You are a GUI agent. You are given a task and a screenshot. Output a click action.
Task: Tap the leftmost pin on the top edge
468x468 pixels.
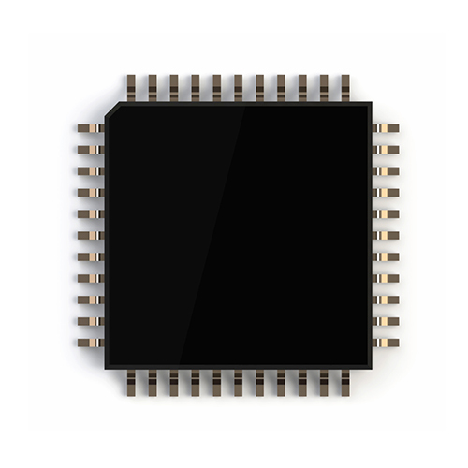(x=130, y=88)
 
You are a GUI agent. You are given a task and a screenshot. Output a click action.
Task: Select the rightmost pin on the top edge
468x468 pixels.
(x=344, y=88)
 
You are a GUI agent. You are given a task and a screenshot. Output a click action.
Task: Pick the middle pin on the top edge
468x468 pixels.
(x=238, y=88)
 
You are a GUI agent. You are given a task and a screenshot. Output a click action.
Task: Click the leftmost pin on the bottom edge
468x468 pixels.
(x=130, y=382)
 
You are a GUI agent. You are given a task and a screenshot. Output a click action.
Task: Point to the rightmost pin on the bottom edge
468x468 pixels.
(x=344, y=382)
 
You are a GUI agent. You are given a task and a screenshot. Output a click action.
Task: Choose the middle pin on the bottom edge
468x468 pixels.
(x=238, y=382)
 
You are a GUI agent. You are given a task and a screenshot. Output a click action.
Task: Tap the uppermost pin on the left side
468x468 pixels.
(x=91, y=128)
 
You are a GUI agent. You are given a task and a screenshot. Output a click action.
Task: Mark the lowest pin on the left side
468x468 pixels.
(x=91, y=343)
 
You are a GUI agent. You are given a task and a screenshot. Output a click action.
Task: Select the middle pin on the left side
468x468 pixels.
(x=91, y=235)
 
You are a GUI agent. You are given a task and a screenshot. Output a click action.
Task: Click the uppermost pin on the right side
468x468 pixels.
(x=386, y=128)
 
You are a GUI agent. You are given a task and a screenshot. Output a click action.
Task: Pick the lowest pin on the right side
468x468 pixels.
(x=386, y=343)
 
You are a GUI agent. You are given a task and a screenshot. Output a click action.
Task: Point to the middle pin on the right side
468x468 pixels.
(x=386, y=235)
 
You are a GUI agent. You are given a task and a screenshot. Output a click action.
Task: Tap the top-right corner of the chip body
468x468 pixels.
(x=371, y=103)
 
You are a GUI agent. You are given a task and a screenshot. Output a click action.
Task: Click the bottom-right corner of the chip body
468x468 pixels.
(x=371, y=367)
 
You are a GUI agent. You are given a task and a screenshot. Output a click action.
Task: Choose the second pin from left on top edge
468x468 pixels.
(x=152, y=88)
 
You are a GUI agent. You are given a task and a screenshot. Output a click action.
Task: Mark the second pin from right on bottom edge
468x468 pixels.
(x=323, y=382)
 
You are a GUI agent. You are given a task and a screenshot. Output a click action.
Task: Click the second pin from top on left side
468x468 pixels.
(x=91, y=150)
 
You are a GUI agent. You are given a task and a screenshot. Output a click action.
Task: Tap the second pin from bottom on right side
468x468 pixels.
(x=386, y=321)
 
